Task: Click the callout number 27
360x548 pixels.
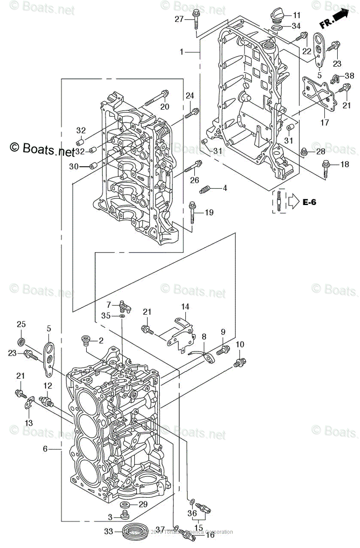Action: pos(179,19)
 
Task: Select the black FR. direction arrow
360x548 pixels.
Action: pos(339,16)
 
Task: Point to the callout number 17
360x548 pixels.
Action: pos(325,123)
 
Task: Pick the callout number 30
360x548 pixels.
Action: pos(74,167)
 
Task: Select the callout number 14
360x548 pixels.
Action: pos(185,306)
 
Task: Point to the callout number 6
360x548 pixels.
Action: pos(46,449)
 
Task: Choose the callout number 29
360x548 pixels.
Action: pos(143,504)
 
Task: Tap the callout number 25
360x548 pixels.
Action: pos(21,324)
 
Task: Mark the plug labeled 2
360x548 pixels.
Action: pos(85,340)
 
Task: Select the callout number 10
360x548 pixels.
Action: pos(240,344)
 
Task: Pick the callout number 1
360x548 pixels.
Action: pos(182,52)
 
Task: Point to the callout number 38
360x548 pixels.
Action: pos(349,76)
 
